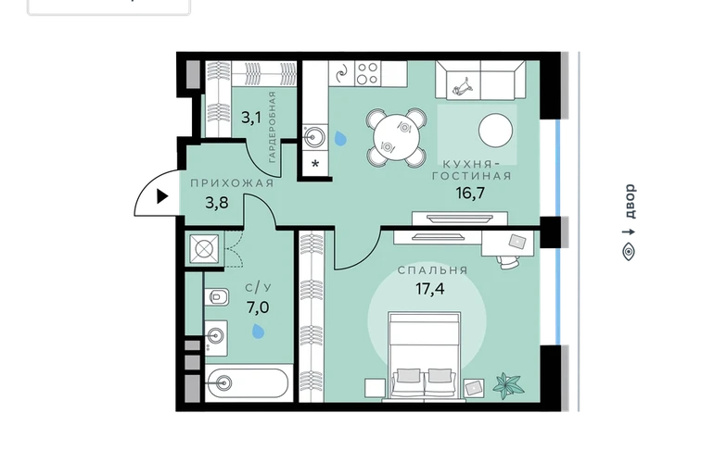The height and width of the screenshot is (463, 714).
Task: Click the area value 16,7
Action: (470, 194)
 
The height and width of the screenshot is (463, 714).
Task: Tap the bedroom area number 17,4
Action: (430, 288)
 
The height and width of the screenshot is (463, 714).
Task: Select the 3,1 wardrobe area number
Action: (251, 119)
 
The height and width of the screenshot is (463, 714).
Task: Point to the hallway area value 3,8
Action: (217, 203)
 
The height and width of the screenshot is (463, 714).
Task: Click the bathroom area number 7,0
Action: (258, 308)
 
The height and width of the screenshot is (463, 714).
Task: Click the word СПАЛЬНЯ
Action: (433, 270)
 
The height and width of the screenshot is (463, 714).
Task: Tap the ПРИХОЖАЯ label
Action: (232, 183)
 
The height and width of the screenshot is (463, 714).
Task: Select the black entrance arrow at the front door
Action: (162, 196)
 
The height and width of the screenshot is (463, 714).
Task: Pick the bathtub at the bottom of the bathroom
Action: (248, 383)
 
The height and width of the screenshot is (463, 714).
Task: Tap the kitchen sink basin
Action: (314, 135)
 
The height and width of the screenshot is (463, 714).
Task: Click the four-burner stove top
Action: (367, 73)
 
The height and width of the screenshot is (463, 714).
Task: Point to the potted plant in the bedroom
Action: (508, 386)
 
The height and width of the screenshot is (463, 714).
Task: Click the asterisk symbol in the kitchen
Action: (315, 164)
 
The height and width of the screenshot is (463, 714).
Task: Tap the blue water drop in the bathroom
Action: (258, 332)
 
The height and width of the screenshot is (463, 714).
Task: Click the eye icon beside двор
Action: (629, 252)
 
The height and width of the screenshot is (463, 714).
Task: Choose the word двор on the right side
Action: (630, 201)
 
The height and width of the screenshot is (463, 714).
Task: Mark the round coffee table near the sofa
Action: (495, 130)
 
